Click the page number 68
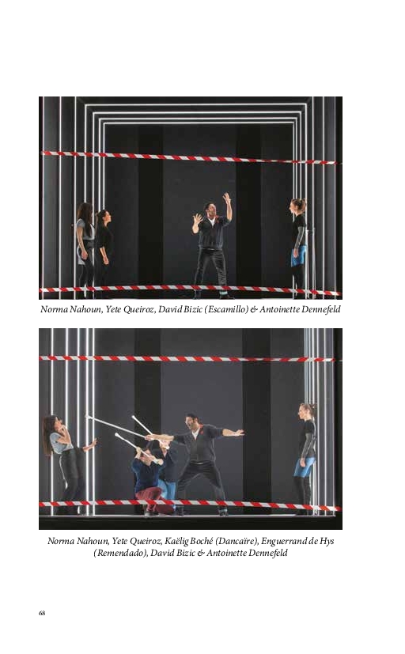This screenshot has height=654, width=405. (42, 613)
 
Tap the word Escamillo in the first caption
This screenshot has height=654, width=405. (226, 309)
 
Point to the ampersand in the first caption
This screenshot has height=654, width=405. (254, 310)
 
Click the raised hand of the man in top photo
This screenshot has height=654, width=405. (226, 198)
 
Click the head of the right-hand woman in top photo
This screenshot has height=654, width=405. (299, 206)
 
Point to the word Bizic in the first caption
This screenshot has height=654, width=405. (193, 309)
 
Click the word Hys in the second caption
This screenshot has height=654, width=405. (327, 542)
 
